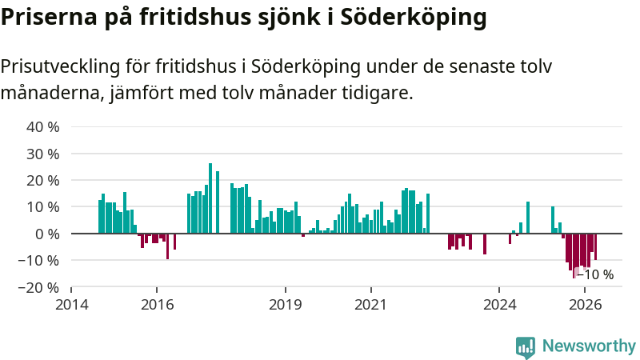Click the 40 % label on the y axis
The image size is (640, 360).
tap(43, 127)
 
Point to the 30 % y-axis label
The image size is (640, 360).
tap(43, 154)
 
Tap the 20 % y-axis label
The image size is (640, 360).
tap(43, 181)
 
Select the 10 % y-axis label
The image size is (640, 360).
tap(43, 207)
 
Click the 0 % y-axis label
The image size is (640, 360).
tap(47, 234)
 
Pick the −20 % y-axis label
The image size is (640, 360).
tap(38, 287)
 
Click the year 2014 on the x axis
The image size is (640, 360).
tap(72, 305)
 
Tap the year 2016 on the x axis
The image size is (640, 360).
tap(157, 305)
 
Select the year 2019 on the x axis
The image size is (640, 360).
tap(286, 305)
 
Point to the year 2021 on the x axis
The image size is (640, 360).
tap(370, 305)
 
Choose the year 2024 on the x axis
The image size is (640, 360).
tap(499, 305)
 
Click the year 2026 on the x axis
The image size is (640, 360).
tap(585, 305)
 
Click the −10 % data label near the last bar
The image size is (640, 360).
tap(594, 274)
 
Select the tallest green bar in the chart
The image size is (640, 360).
tap(210, 198)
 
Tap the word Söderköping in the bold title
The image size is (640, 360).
tap(413, 17)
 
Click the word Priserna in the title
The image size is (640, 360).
tap(49, 17)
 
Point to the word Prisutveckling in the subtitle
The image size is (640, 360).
tap(61, 66)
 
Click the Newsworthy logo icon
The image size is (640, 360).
tap(526, 347)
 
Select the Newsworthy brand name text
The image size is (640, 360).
tap(589, 346)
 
